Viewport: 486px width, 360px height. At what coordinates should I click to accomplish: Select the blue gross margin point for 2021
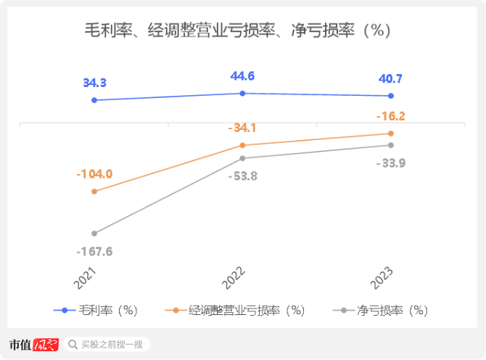tap(94, 100)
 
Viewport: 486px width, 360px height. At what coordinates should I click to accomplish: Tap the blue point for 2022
tap(242, 93)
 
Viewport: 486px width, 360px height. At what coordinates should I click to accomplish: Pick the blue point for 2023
tap(391, 96)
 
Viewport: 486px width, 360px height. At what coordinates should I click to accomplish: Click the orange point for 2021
tap(94, 192)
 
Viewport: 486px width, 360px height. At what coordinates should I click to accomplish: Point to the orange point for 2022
tap(242, 145)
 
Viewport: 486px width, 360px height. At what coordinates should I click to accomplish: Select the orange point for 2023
tap(391, 134)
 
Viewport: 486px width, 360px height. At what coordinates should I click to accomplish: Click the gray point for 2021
tap(94, 234)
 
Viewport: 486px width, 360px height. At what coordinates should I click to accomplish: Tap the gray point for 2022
tap(242, 158)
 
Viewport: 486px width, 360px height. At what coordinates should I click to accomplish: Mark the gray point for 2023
tap(391, 145)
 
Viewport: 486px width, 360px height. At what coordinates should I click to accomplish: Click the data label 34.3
tap(95, 83)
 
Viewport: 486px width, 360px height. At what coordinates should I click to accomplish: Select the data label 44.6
tap(242, 75)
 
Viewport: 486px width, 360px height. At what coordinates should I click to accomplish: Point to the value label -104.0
tap(94, 174)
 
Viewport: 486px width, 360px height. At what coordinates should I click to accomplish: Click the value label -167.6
tap(94, 252)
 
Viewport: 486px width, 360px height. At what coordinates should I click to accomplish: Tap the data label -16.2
tap(391, 116)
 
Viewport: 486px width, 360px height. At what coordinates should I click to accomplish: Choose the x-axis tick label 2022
tap(235, 278)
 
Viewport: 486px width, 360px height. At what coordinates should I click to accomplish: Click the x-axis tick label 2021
tap(86, 278)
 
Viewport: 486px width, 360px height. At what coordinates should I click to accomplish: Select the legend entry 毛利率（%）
tap(98, 310)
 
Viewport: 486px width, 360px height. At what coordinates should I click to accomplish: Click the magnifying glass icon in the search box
tap(73, 344)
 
